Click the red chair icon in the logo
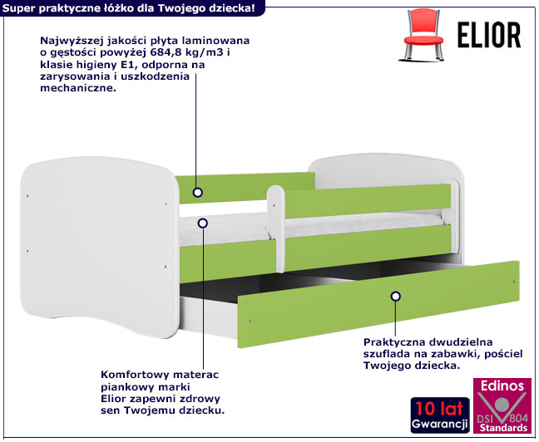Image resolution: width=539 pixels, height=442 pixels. point(422,35)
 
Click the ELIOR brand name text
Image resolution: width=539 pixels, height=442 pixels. point(489,35)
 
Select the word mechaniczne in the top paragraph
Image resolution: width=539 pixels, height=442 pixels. point(78,88)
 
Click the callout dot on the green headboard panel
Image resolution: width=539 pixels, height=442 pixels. point(198,192)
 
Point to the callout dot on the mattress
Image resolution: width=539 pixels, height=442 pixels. point(203,223)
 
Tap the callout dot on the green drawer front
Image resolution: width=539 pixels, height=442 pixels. point(396,296)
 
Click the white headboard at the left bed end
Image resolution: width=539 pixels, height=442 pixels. point(100,248)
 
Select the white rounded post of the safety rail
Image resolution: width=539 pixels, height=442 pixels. point(276,228)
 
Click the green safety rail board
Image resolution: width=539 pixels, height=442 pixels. point(368,201)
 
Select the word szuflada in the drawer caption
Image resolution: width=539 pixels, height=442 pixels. point(385,354)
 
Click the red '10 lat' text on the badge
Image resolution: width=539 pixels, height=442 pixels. point(440,409)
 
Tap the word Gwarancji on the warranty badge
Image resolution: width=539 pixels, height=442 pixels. point(440,425)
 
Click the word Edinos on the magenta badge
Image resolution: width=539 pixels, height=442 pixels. point(502,386)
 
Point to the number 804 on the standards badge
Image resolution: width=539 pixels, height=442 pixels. point(519,418)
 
